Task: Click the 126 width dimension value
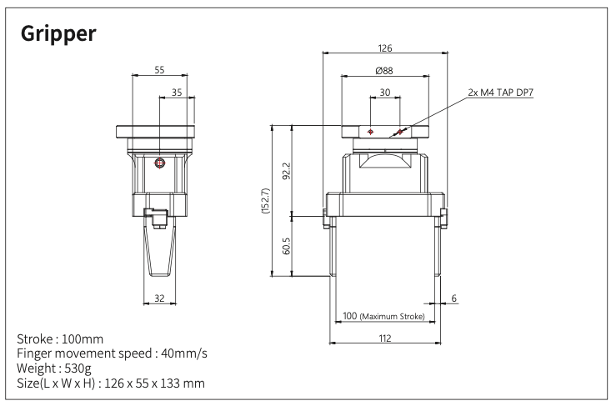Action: click(384, 48)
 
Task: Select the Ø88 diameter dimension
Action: click(384, 71)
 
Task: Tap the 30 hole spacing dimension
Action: click(384, 93)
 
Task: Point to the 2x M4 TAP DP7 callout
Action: click(500, 92)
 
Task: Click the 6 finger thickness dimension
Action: click(453, 298)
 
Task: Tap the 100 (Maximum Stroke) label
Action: click(384, 317)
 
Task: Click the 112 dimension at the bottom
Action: click(384, 337)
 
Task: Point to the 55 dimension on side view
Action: click(159, 70)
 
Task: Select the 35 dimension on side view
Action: click(176, 93)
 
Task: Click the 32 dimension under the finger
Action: click(159, 298)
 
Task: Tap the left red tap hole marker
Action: click(370, 132)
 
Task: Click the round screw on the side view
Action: click(159, 163)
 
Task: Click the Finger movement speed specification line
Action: click(112, 354)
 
